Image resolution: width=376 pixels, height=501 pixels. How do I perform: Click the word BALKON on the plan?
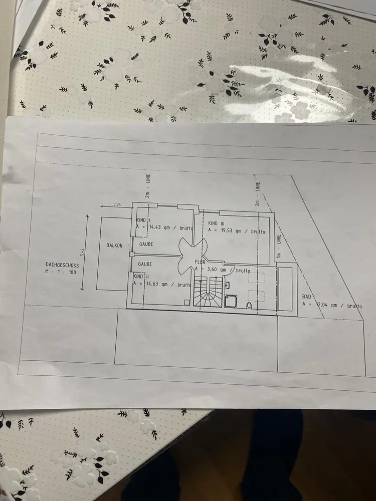[114, 245]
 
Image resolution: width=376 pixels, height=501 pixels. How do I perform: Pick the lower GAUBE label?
[145, 264]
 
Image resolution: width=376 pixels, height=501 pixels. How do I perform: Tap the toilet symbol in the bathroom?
[250, 304]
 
